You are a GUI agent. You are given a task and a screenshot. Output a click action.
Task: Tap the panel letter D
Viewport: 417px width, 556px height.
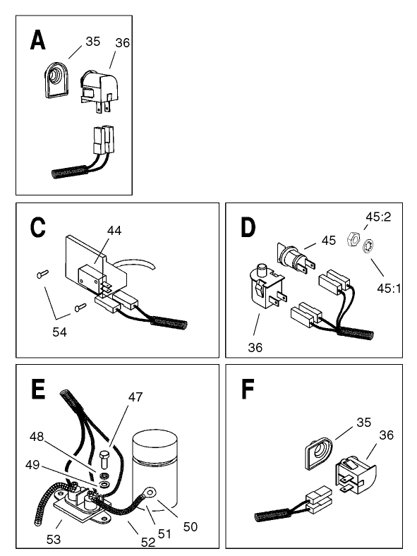pyautogui.click(x=248, y=229)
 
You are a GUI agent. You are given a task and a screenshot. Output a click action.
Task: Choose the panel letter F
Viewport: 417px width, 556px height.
pyautogui.click(x=246, y=390)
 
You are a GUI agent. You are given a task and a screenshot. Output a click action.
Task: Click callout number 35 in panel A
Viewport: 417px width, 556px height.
pyautogui.click(x=92, y=41)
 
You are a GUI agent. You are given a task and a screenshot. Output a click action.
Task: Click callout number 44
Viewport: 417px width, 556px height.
pyautogui.click(x=115, y=231)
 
